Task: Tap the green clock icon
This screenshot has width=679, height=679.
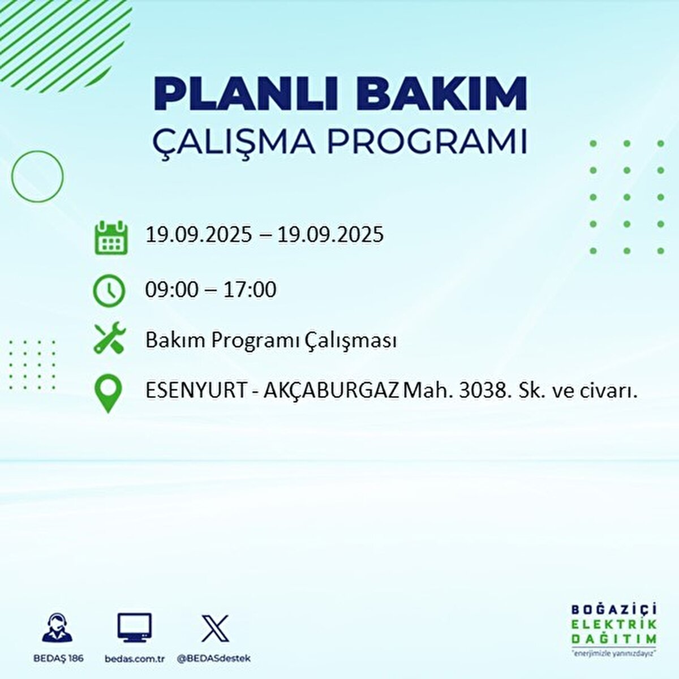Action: point(108,290)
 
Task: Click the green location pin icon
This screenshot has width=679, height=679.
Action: point(108,393)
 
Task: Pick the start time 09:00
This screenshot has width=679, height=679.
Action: point(172,290)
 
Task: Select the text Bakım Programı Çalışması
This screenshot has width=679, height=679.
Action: point(270,341)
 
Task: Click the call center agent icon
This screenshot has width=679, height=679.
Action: point(58,628)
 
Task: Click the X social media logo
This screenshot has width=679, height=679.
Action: point(215,628)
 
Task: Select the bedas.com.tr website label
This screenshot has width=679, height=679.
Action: point(135,659)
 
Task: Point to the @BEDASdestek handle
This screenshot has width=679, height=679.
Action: point(213,659)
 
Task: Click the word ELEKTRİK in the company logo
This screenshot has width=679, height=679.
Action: point(614,624)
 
